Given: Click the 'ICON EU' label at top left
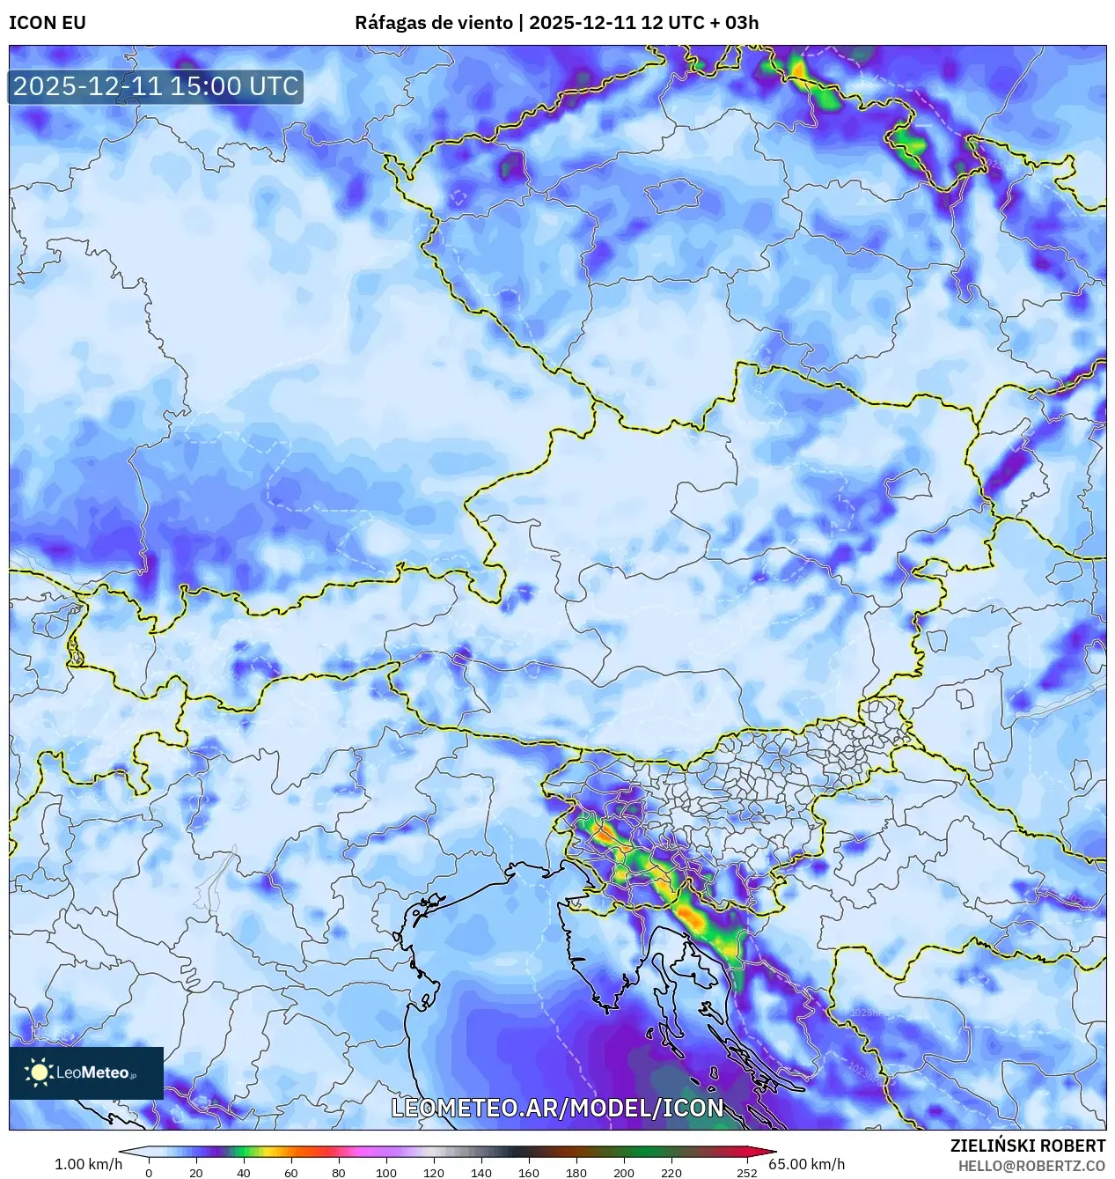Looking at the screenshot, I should coord(48,23).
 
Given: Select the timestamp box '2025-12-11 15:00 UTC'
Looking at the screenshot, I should coord(156,86).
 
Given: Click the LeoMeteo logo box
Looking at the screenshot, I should coord(86,1072).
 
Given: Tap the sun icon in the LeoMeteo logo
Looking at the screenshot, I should coord(39,1072).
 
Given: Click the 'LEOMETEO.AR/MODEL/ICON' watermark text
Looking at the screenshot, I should coord(557,1108).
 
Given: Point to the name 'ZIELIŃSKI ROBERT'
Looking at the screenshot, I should coord(1028,1146).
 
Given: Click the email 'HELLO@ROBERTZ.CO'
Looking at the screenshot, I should coord(1031,1166).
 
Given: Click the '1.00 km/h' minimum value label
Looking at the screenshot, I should coord(88,1164).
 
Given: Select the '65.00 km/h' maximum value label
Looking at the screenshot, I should coord(806,1164).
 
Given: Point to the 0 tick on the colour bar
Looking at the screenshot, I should coord(148,1172).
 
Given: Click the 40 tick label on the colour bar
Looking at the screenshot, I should coord(244,1172).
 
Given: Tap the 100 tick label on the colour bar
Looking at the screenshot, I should coord(386,1172).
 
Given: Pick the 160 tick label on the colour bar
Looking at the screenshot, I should coord(529,1172).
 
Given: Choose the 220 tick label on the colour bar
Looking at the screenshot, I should coord(671,1172).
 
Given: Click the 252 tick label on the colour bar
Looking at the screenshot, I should coord(747,1172).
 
